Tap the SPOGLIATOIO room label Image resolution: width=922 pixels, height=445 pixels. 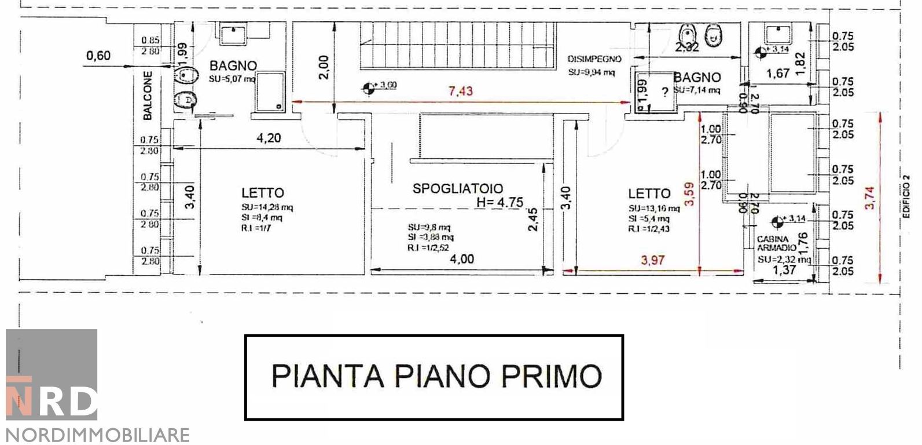(457, 188)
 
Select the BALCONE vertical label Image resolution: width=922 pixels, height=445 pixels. (148, 96)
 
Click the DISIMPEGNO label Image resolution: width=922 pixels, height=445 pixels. (594, 59)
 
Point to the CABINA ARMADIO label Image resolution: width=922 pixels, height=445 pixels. (773, 243)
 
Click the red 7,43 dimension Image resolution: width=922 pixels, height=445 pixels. (461, 91)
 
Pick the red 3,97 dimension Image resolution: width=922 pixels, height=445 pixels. (653, 260)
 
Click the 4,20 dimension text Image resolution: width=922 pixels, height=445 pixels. (269, 138)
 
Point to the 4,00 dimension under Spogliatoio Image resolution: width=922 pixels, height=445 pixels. (461, 259)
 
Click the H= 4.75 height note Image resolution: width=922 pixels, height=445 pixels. (499, 202)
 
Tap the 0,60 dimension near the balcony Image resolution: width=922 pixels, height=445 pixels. (98, 56)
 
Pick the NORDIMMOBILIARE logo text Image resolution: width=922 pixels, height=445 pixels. (97, 435)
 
